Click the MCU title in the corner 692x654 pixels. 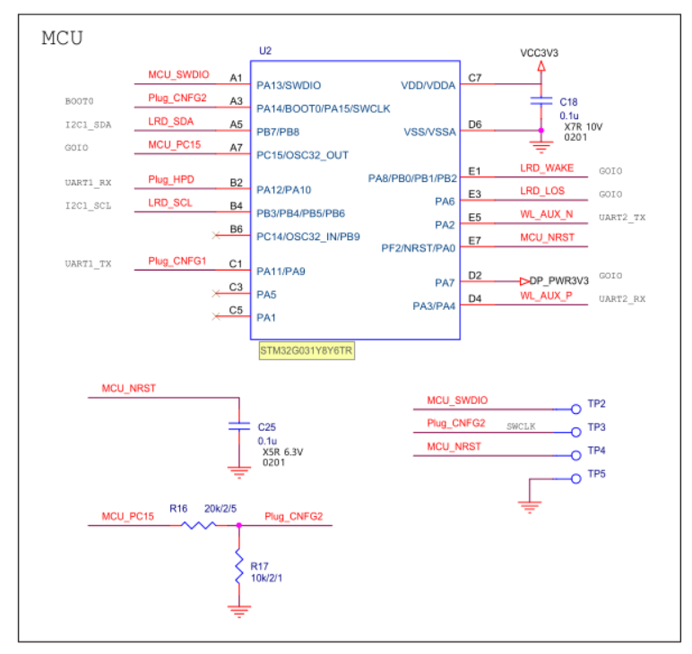tap(63, 39)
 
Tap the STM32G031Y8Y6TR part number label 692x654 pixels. tap(306, 352)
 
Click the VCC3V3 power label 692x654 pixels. tap(539, 53)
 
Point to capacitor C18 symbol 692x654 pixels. tap(540, 102)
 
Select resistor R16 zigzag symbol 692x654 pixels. tap(199, 525)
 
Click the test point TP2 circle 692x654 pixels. tap(575, 409)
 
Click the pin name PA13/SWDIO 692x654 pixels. tap(289, 85)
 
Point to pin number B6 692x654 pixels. tap(236, 229)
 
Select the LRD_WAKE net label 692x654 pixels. tap(547, 168)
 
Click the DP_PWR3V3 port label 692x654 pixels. tap(558, 280)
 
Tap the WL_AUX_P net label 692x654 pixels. tap(546, 296)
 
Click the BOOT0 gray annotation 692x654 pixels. tap(79, 101)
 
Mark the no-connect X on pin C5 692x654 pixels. tap(214, 315)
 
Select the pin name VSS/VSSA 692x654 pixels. tap(429, 132)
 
